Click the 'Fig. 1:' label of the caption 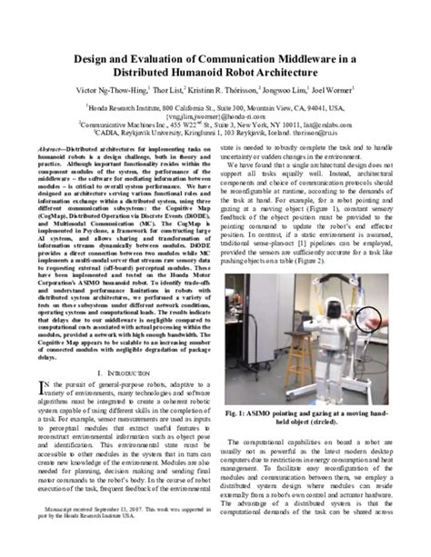245,412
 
